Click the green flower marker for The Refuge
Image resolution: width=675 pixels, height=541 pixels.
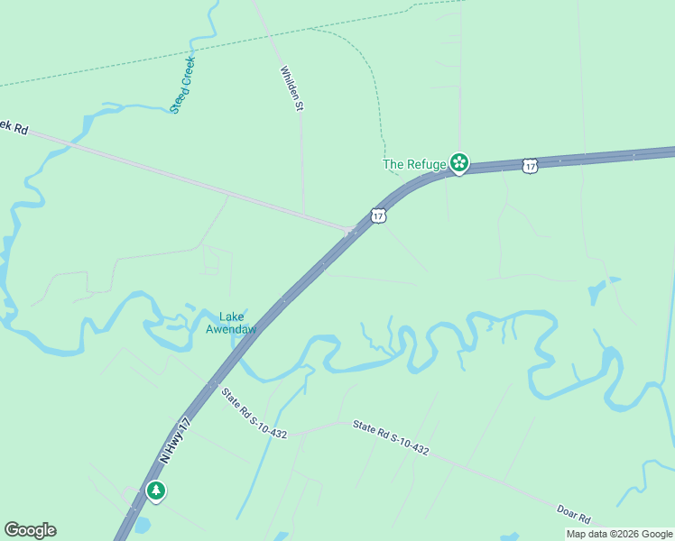(459, 163)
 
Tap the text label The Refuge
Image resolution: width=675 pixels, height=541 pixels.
(414, 164)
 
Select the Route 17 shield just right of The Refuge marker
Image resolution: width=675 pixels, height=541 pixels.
(530, 166)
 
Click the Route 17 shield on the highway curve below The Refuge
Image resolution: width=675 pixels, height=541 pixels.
(379, 215)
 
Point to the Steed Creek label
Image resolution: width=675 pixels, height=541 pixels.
(183, 85)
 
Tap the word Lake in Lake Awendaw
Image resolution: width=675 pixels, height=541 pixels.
(232, 316)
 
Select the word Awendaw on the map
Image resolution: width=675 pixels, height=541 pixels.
(231, 329)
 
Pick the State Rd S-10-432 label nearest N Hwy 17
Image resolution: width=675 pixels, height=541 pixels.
(254, 414)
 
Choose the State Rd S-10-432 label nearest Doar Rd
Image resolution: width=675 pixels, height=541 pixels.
(391, 437)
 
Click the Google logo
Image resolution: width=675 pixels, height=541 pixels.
(30, 530)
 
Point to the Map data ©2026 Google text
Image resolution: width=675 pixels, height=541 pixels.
(619, 534)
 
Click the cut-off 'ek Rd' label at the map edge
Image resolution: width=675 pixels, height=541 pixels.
(14, 127)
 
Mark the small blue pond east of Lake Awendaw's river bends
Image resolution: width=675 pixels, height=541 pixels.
(599, 291)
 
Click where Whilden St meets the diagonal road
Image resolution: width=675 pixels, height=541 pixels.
(304, 215)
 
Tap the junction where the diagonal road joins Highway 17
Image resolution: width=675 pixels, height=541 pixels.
(350, 232)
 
